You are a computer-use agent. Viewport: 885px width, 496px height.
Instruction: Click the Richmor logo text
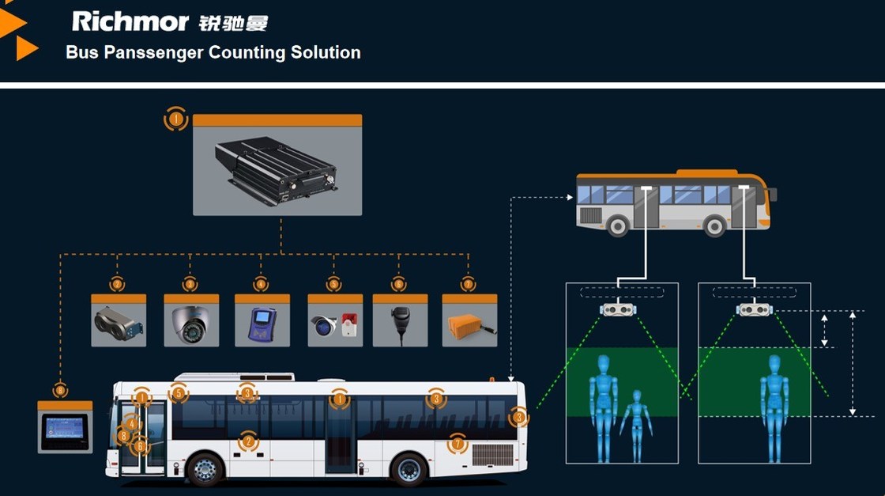130,21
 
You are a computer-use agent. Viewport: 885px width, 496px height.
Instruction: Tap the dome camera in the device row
190,324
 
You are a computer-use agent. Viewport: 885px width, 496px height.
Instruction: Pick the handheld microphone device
399,320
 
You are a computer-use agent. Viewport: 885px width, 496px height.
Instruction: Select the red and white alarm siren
348,326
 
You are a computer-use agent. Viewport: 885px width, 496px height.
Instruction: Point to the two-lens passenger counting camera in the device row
119,322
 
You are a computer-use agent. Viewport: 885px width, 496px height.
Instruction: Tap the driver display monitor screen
65,430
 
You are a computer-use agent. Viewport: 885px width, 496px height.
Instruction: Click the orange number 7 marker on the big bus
457,444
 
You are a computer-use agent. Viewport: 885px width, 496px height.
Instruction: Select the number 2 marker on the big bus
248,441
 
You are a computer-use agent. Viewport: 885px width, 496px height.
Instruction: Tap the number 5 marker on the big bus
178,392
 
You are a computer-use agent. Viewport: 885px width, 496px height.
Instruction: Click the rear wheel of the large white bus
409,469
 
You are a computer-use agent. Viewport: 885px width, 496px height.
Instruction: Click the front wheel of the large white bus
205,469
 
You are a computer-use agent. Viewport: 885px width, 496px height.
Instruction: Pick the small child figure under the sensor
636,423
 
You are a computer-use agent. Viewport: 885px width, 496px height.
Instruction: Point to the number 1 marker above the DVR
175,119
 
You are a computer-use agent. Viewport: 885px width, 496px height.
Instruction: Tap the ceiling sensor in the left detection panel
620,309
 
